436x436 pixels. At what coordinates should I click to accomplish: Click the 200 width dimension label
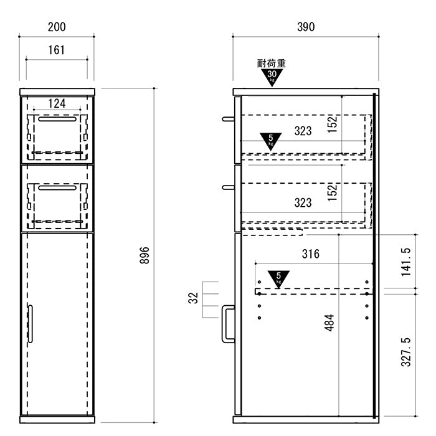click(57, 27)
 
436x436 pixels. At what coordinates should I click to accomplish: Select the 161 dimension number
click(57, 50)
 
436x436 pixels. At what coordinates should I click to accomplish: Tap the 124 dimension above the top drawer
click(57, 103)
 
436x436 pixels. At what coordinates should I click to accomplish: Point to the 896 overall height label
click(145, 255)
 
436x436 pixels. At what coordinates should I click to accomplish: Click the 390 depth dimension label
click(306, 27)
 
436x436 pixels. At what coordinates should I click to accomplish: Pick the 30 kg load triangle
click(272, 77)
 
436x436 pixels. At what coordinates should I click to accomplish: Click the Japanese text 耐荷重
click(272, 64)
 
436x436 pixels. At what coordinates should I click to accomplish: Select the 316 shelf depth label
click(311, 254)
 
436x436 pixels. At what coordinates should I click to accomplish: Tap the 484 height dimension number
click(329, 323)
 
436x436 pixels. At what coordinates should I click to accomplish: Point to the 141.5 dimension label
click(406, 262)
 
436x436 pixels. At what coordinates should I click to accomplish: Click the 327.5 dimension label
click(406, 352)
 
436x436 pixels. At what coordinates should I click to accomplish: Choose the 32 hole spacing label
click(193, 298)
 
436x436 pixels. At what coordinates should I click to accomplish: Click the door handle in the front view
click(31, 324)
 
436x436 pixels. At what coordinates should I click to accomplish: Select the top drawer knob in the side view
click(229, 120)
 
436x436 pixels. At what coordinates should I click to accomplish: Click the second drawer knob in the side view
click(229, 187)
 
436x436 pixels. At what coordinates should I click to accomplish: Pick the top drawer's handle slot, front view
click(57, 119)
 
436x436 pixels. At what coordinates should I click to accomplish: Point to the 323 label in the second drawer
click(303, 202)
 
